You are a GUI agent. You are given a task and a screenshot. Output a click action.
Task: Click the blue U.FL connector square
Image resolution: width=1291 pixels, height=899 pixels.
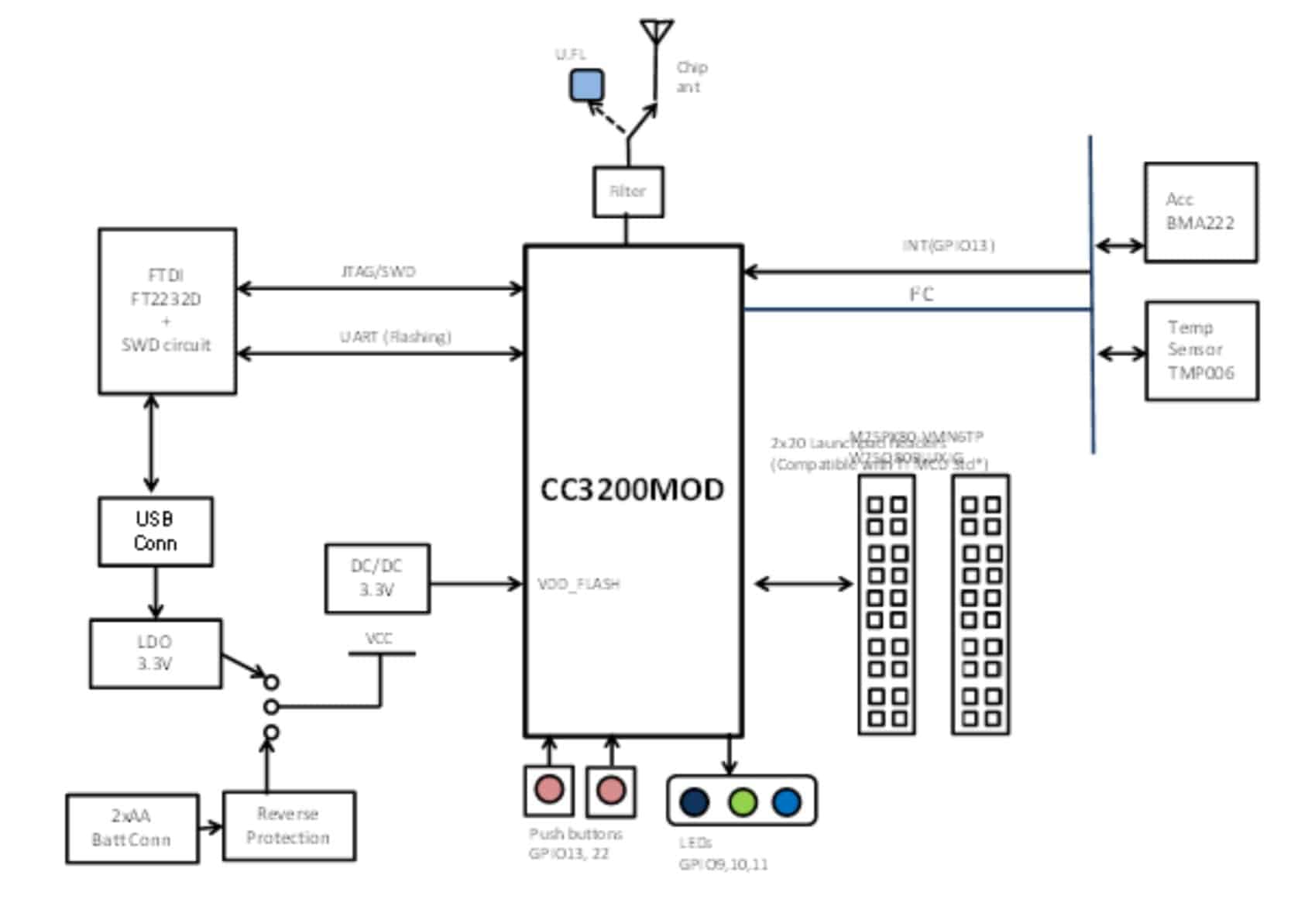[x=586, y=85]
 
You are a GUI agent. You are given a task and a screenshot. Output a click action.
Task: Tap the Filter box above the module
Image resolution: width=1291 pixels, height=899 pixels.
[x=628, y=191]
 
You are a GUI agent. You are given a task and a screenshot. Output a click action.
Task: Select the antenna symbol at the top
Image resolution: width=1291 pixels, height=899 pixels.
[x=656, y=33]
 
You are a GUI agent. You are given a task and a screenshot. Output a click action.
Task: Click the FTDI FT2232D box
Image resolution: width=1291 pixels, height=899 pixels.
[x=167, y=311]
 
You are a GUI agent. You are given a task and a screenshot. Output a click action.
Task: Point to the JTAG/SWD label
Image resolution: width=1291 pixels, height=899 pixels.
[x=378, y=272]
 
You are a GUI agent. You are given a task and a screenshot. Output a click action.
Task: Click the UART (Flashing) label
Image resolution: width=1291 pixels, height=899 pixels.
[x=395, y=337]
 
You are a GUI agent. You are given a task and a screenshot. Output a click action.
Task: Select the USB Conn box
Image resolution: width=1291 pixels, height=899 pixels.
[x=155, y=531]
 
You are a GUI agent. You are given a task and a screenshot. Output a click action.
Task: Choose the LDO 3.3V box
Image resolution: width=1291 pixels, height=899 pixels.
[x=155, y=653]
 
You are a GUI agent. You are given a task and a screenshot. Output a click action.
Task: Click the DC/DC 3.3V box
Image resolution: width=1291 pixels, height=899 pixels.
[x=377, y=578]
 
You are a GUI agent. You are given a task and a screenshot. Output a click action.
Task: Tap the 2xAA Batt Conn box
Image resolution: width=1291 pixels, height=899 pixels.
[x=132, y=828]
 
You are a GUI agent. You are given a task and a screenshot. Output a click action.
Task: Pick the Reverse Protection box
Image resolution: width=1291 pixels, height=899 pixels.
[x=289, y=825]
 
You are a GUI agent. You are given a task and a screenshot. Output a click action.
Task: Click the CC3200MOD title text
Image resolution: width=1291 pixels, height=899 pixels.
[x=632, y=490]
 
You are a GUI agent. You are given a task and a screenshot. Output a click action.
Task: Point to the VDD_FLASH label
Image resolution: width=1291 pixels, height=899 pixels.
[x=579, y=584]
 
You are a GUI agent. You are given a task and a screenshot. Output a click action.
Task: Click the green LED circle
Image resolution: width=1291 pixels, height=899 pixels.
[x=742, y=801]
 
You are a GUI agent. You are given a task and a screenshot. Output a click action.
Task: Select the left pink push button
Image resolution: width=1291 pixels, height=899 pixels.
[x=549, y=790]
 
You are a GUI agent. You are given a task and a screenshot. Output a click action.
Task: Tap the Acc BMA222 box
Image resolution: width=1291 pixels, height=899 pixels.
[x=1200, y=212]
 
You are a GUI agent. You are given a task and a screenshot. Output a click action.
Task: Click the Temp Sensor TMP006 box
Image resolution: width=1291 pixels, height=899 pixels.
[x=1200, y=350]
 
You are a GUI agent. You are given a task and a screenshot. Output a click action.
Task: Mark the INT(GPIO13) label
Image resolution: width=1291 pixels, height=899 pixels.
[x=948, y=245]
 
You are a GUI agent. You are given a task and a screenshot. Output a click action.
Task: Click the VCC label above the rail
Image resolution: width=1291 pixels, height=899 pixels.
[x=379, y=639]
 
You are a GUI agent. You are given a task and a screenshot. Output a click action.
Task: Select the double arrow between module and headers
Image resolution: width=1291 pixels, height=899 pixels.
[x=803, y=583]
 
